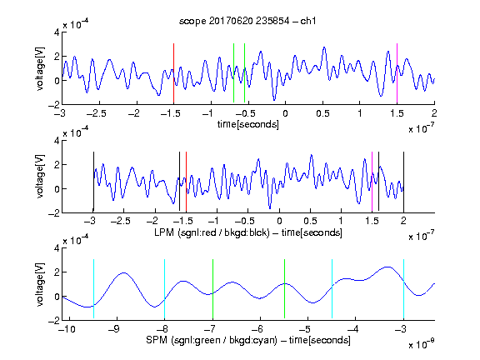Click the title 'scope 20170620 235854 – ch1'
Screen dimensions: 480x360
coord(247,21)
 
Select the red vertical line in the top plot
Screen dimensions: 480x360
coord(173,73)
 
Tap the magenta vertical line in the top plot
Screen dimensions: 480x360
coord(397,73)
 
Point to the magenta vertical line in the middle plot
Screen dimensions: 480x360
coord(372,182)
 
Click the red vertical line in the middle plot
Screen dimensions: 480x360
coord(186,182)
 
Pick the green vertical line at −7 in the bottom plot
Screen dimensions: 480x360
coord(212,288)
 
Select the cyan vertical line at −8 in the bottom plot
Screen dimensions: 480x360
coord(165,288)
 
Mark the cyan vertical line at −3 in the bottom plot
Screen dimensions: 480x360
coord(403,288)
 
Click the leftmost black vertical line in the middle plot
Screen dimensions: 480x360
coord(93,182)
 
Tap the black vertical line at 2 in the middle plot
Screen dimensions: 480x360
coord(403,182)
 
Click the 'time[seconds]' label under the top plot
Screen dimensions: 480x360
coord(248,124)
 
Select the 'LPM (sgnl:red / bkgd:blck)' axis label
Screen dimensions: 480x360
coord(212,232)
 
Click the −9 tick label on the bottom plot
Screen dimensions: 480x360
coord(114,329)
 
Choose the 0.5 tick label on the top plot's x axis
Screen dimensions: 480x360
coord(322,113)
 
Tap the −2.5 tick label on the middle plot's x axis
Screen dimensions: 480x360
coord(121,221)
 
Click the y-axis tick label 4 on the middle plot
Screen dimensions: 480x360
coord(57,141)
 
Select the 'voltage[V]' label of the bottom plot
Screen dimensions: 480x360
coord(40,284)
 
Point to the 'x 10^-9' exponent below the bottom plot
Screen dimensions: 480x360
coord(422,344)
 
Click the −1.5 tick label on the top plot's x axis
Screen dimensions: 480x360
coord(171,113)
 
